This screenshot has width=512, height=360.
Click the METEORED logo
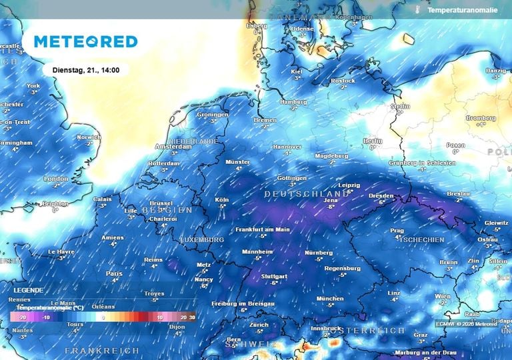pos(85,41)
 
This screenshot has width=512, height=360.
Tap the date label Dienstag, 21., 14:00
pos(84,69)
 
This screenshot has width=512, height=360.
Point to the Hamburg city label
pos(294,102)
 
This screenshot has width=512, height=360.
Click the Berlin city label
pos(373,140)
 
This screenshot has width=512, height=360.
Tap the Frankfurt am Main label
pos(263,229)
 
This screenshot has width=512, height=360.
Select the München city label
pos(330,298)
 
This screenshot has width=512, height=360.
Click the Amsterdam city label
pos(168,147)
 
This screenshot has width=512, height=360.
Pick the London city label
pos(56,179)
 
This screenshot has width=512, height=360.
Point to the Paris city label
pos(114,273)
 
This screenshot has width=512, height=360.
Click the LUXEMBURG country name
pos(201,239)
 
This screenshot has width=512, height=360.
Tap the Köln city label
pos(222,200)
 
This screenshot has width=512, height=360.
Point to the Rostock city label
pos(343,81)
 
